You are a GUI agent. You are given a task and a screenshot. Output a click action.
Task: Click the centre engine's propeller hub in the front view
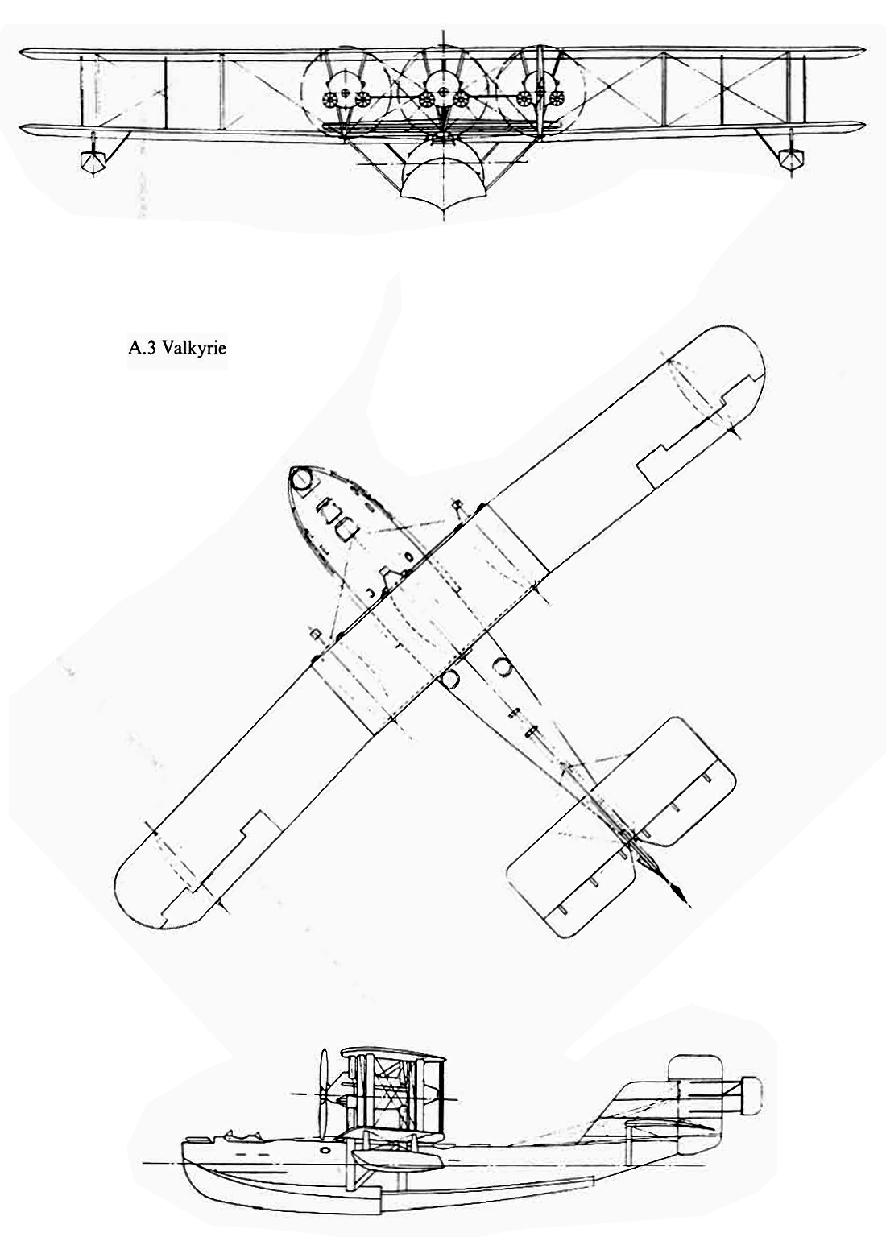click(443, 93)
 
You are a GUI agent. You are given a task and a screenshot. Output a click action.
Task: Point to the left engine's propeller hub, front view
click(346, 93)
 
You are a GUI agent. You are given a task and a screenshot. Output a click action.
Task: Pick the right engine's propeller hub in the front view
click(540, 93)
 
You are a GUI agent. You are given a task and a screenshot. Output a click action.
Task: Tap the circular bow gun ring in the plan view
click(301, 479)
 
